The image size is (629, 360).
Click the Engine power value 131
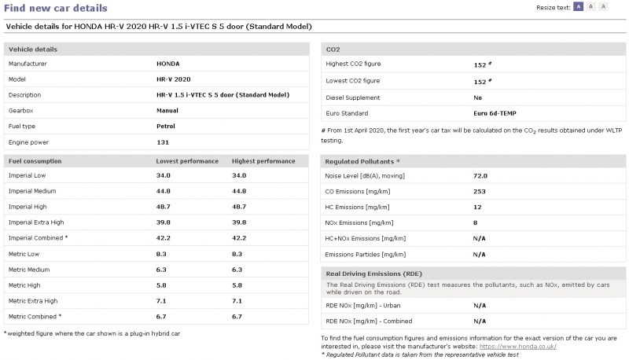[163, 142]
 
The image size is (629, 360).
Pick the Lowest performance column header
[187, 161]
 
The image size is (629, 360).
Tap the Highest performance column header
[263, 161]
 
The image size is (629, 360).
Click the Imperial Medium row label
[33, 190]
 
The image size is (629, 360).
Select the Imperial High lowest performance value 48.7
[164, 206]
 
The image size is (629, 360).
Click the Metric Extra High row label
[32, 300]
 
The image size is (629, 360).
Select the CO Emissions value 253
[479, 191]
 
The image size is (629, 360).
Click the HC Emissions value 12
[477, 207]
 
